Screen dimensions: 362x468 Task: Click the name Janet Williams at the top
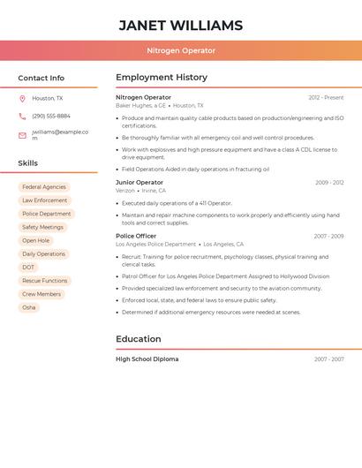tap(180, 25)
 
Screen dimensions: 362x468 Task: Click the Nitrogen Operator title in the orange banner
tap(180, 50)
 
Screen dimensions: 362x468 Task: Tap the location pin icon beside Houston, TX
tap(22, 98)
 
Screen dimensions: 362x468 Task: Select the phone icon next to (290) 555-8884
tap(22, 116)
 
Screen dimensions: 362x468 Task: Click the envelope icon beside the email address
tap(22, 135)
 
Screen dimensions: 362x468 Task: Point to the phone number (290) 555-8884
tap(50, 116)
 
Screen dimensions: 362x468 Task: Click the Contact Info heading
tap(41, 78)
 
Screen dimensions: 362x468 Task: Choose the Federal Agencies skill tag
tap(44, 187)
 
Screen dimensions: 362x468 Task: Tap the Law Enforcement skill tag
tap(44, 200)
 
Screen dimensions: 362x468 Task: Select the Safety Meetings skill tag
tap(42, 227)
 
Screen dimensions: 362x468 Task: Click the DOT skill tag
tap(29, 267)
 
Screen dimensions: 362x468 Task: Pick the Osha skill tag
tap(29, 307)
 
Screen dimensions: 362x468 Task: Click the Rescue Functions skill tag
tap(44, 281)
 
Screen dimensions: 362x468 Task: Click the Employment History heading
tap(162, 78)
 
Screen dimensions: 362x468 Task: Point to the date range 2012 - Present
tap(326, 97)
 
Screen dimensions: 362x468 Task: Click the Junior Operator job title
tap(140, 182)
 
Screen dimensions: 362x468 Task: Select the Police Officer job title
tap(136, 236)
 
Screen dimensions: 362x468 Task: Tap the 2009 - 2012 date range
tap(329, 183)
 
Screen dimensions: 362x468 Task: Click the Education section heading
tap(139, 339)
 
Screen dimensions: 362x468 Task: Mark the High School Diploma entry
tap(147, 359)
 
